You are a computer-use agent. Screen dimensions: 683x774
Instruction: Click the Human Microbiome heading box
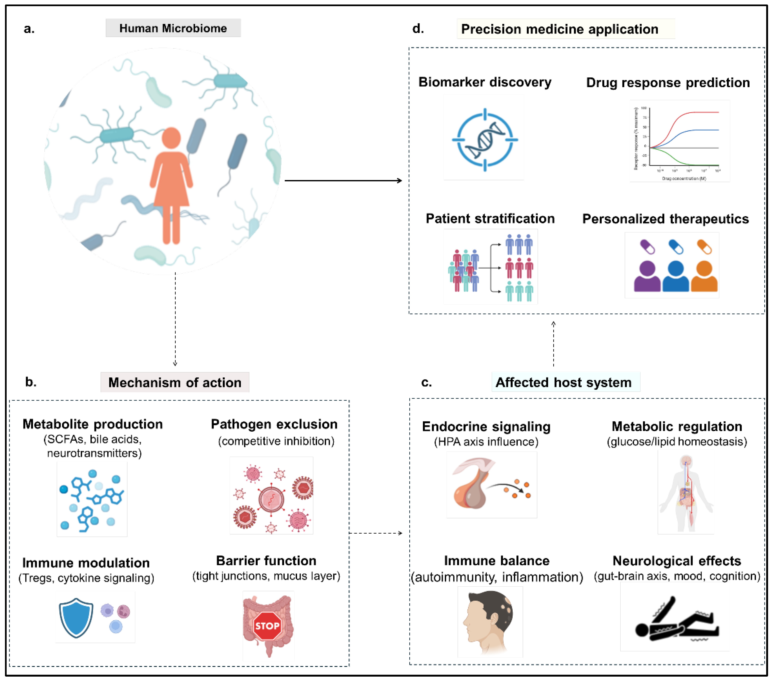[173, 28]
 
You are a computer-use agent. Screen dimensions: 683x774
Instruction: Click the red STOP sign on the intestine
[267, 626]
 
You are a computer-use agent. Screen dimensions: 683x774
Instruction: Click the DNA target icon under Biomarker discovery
[485, 140]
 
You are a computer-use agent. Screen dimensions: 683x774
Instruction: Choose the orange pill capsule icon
[704, 247]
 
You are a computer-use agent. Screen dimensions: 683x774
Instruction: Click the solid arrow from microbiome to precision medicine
[343, 181]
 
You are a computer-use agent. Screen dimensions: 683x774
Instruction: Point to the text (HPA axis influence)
[486, 442]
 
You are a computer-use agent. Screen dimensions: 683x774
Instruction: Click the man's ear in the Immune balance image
[495, 620]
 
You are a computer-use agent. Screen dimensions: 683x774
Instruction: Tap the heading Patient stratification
[490, 219]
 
